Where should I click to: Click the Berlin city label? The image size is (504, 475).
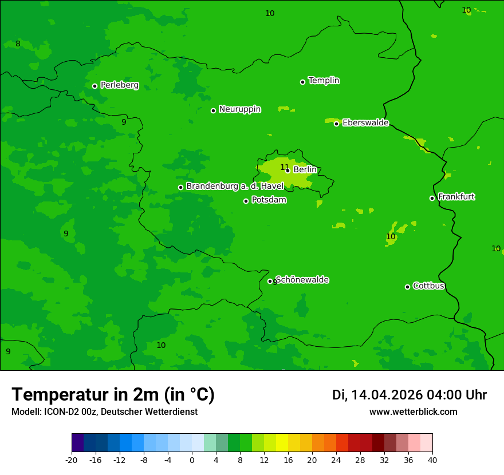pyautogui.click(x=305, y=169)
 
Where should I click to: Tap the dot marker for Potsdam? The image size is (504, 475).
pyautogui.click(x=246, y=201)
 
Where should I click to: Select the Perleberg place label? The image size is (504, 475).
pyautogui.click(x=119, y=85)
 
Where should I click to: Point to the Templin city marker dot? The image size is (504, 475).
pyautogui.click(x=302, y=82)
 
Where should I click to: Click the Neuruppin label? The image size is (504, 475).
pyautogui.click(x=239, y=109)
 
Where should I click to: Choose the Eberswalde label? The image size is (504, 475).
pyautogui.click(x=365, y=123)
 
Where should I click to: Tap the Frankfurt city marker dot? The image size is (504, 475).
pyautogui.click(x=432, y=198)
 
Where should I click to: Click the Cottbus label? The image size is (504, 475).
pyautogui.click(x=428, y=286)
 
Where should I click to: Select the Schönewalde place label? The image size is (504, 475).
pyautogui.click(x=302, y=280)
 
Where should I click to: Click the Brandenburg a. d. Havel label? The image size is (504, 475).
pyautogui.click(x=235, y=186)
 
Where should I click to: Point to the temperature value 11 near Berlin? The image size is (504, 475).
pyautogui.click(x=285, y=168)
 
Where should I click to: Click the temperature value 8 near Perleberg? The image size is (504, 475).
pyautogui.click(x=18, y=44)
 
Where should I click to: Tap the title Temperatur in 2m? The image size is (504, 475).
pyautogui.click(x=113, y=394)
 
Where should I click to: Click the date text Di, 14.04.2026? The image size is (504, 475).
pyautogui.click(x=377, y=395)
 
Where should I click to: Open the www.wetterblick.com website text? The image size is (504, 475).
pyautogui.click(x=413, y=412)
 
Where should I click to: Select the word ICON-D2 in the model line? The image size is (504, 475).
pyautogui.click(x=61, y=412)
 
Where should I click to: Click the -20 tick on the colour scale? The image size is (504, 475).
pyautogui.click(x=72, y=460)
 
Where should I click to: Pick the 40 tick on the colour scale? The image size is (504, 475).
pyautogui.click(x=432, y=460)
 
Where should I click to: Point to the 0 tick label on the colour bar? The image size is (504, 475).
pyautogui.click(x=192, y=460)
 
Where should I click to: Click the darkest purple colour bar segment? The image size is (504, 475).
pyautogui.click(x=77, y=443)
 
